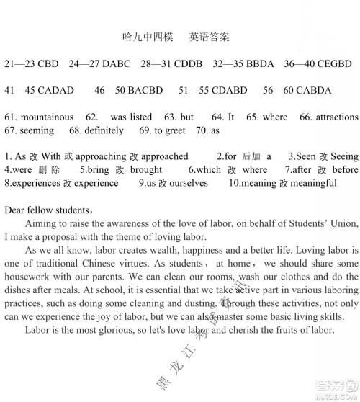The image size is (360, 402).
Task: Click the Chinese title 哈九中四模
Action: point(144,36)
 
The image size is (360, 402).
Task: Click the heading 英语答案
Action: point(210,36)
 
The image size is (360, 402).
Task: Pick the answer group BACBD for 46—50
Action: point(145,90)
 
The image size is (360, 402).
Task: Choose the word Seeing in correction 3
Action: point(344,156)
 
